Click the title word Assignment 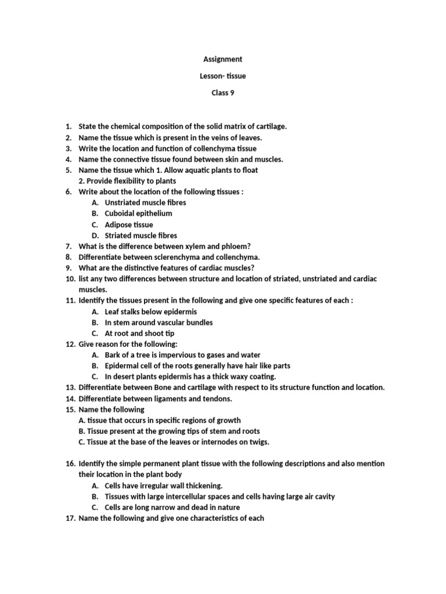pyautogui.click(x=222, y=59)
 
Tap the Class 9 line pyautogui.click(x=222, y=93)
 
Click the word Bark pyautogui.click(x=113, y=355)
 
